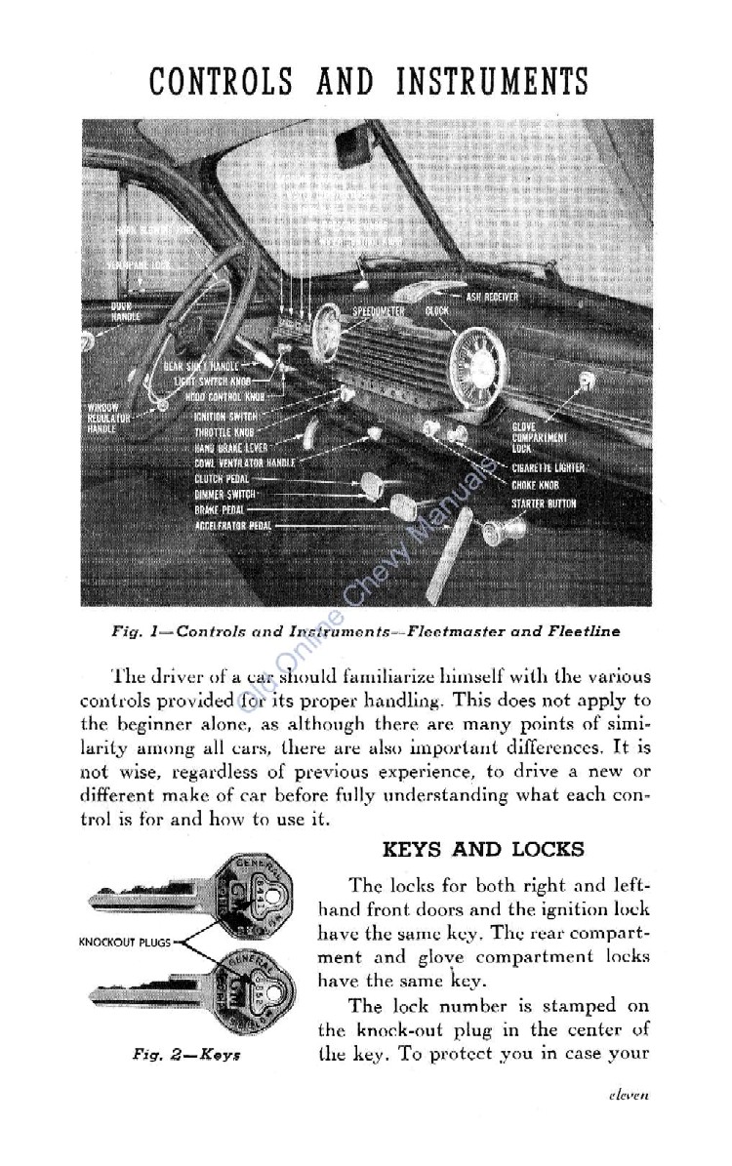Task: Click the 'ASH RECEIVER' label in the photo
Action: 492,297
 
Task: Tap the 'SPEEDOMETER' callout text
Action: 378,311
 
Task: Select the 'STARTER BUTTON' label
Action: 544,503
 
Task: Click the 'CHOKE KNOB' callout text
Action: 535,485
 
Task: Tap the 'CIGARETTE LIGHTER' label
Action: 548,467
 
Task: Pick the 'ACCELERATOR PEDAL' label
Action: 232,525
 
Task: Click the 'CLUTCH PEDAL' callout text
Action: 222,478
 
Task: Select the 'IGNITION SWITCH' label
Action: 225,416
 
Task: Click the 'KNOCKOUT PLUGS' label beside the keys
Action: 125,942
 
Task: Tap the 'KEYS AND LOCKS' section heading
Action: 482,848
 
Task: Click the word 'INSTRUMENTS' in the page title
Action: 492,81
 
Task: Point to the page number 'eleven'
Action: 627,1123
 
